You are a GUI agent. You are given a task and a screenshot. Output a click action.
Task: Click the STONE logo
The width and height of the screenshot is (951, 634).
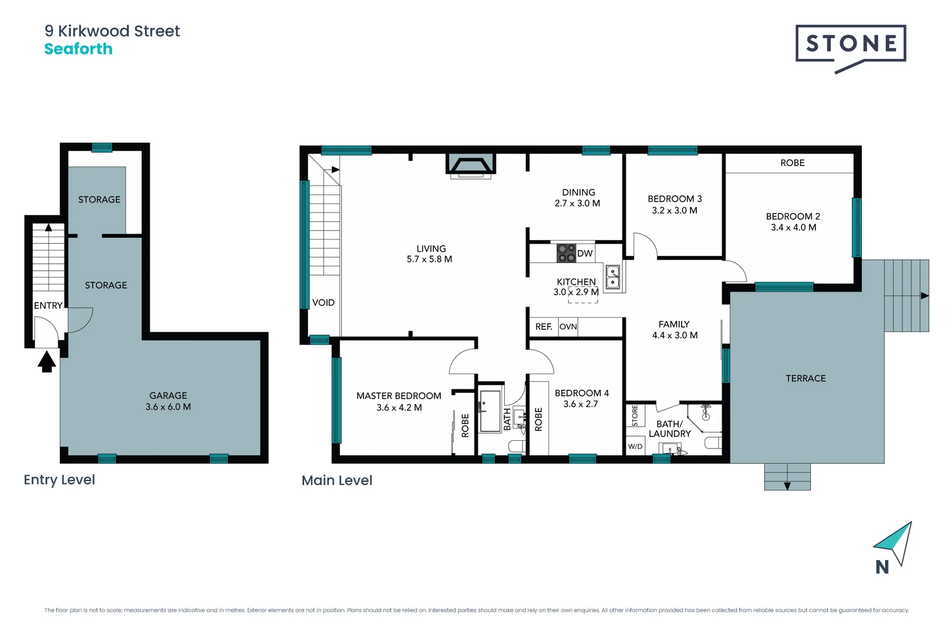click(x=851, y=44)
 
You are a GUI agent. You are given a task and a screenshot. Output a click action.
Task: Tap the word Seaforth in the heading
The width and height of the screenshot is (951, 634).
click(x=78, y=49)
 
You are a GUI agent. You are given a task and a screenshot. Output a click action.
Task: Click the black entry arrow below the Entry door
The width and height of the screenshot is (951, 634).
click(x=47, y=361)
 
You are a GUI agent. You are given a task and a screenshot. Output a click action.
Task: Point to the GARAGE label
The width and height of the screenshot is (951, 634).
click(x=168, y=396)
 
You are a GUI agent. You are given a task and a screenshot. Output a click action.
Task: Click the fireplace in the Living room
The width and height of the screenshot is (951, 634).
click(x=470, y=165)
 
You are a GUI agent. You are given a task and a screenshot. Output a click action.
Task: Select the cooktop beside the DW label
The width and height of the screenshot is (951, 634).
click(x=566, y=254)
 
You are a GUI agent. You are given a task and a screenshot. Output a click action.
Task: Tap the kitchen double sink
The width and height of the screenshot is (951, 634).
click(x=612, y=277)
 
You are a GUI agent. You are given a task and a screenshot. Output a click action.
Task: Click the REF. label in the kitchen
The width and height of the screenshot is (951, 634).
click(x=544, y=327)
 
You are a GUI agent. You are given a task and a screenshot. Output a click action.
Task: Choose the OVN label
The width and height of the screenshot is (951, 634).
click(x=568, y=327)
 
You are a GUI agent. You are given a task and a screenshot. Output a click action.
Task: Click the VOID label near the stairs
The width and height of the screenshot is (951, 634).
click(x=323, y=303)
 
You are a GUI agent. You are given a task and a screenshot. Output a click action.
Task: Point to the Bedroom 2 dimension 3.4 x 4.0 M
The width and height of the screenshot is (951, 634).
click(x=793, y=228)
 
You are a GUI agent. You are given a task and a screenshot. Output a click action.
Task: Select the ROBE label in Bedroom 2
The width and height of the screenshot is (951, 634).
click(x=792, y=163)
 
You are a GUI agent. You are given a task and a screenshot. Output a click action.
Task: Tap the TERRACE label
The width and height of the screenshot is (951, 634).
click(x=805, y=379)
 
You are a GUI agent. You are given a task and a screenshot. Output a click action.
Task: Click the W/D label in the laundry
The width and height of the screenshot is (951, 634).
click(x=635, y=447)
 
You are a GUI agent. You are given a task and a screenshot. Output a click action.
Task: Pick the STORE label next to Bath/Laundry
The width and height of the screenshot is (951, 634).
click(x=635, y=416)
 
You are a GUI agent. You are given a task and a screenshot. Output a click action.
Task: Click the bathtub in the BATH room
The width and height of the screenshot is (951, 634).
click(x=490, y=411)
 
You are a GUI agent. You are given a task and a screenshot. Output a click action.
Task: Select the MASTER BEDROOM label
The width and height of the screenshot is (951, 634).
click(x=399, y=396)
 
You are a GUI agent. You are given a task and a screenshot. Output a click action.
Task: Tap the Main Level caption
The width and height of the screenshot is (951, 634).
click(x=337, y=481)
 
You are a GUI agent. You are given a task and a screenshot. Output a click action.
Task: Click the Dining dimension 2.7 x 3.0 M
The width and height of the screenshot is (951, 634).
click(x=577, y=204)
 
